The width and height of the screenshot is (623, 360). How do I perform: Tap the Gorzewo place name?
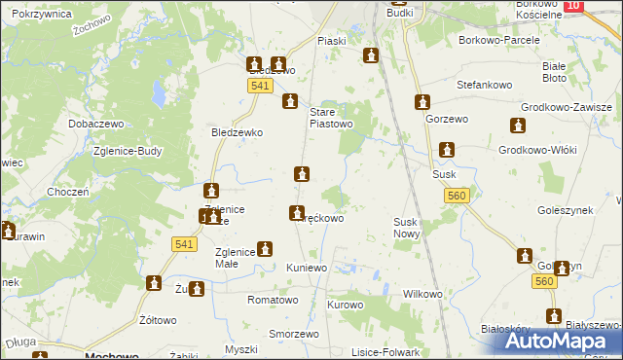pos(447,119)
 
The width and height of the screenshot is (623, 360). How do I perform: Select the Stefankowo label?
pos(487,85)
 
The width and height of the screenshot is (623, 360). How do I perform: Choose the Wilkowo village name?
pos(422,294)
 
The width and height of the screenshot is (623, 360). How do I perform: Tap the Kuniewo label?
pos(306,267)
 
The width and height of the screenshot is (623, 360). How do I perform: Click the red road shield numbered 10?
pos(573,6)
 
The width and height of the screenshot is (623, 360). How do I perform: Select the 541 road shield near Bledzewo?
pos(258,87)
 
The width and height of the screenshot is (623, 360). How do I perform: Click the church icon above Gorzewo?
pos(422,101)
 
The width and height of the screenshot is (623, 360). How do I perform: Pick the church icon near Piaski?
pos(370,56)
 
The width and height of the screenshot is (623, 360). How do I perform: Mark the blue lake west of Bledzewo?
pos(158,94)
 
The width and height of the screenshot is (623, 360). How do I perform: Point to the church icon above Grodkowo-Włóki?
pos(517,126)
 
